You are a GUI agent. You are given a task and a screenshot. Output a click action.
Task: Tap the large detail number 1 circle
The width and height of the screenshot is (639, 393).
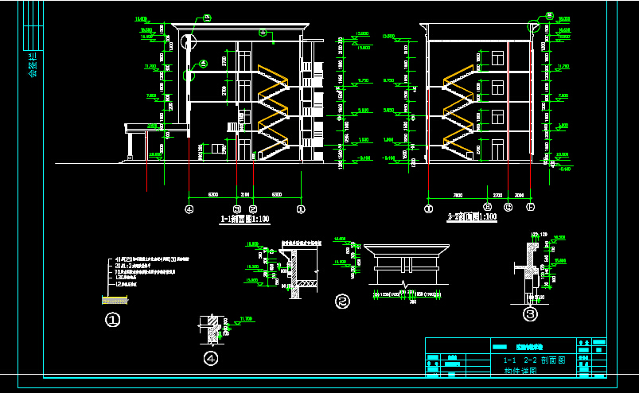click(x=113, y=320)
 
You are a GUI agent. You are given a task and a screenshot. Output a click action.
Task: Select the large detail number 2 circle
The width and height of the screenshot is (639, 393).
click(x=342, y=302)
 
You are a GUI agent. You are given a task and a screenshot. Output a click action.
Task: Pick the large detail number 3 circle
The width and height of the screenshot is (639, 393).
click(x=530, y=314)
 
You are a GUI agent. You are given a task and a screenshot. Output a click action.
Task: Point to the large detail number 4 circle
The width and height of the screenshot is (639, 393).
click(x=211, y=359)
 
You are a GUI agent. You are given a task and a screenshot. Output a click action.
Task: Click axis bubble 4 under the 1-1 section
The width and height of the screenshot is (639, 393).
click(x=189, y=209)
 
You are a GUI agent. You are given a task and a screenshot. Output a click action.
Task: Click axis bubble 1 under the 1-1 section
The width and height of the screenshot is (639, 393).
click(x=301, y=209)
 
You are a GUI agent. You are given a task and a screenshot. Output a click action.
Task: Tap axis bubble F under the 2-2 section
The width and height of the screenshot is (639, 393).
click(x=530, y=208)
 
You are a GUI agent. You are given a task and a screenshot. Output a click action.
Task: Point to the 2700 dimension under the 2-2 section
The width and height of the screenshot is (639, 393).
click(x=497, y=193)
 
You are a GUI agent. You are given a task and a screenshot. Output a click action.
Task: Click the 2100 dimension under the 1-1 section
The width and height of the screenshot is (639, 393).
click(x=245, y=193)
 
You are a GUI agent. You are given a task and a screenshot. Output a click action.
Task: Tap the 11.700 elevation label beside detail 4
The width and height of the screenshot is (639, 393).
click(x=245, y=319)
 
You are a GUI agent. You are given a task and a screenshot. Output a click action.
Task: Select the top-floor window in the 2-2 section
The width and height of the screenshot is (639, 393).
click(x=497, y=58)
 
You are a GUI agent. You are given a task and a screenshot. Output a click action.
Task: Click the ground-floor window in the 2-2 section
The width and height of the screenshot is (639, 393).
click(x=497, y=148)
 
